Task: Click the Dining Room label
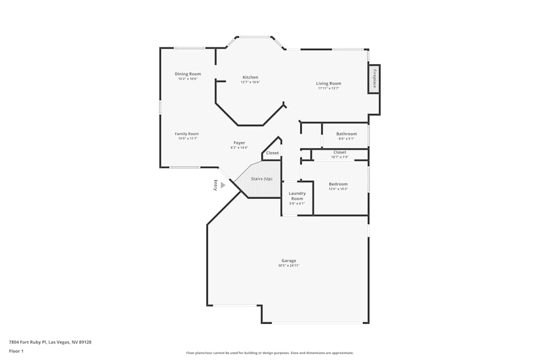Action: pos(188,74)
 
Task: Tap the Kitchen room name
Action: pos(250,77)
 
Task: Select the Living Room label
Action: pos(328,84)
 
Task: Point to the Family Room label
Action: pos(187,134)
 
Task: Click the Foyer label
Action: pos(239,143)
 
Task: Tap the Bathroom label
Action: pos(346,134)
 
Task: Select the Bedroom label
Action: pos(338,184)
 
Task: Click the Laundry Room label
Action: pos(297,196)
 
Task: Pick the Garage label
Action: pos(289,261)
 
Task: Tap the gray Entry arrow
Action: pos(223,185)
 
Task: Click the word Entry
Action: pos(215,185)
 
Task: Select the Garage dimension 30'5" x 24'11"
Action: pos(289,266)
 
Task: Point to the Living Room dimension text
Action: pos(328,89)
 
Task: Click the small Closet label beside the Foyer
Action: pos(273,153)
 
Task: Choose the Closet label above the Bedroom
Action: pos(340,152)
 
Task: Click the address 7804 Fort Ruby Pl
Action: pos(50,342)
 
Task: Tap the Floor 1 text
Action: pos(17,351)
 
